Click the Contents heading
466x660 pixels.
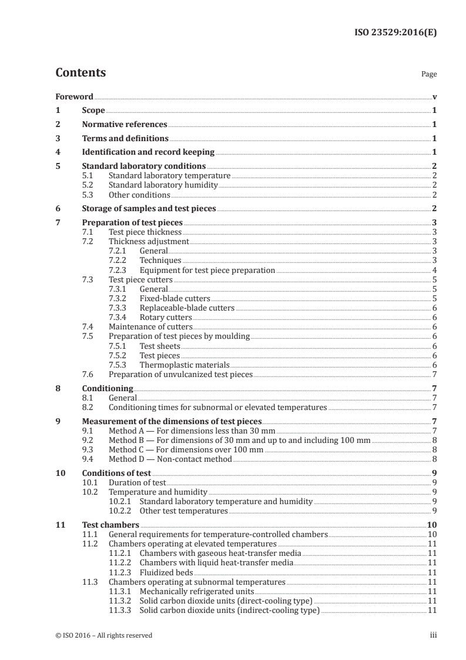(81, 73)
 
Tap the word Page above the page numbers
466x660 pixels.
(429, 75)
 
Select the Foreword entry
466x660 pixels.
(74, 96)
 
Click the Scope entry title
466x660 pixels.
(93, 111)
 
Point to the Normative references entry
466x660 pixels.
(125, 125)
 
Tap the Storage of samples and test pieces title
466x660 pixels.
(149, 208)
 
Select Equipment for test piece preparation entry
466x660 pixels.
(207, 270)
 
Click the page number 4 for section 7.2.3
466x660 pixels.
(434, 270)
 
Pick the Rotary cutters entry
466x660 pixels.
(166, 317)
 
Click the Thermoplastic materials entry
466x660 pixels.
(184, 365)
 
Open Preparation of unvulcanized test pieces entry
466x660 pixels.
(180, 374)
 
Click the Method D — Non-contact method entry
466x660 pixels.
(170, 459)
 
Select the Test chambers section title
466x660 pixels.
(110, 525)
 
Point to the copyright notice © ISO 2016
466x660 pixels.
(104, 635)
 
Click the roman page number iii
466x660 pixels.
(433, 635)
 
